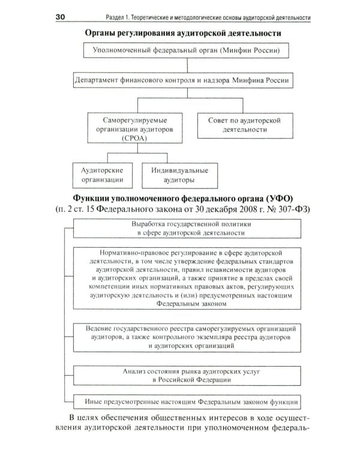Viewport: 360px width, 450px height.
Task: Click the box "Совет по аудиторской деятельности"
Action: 241,124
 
